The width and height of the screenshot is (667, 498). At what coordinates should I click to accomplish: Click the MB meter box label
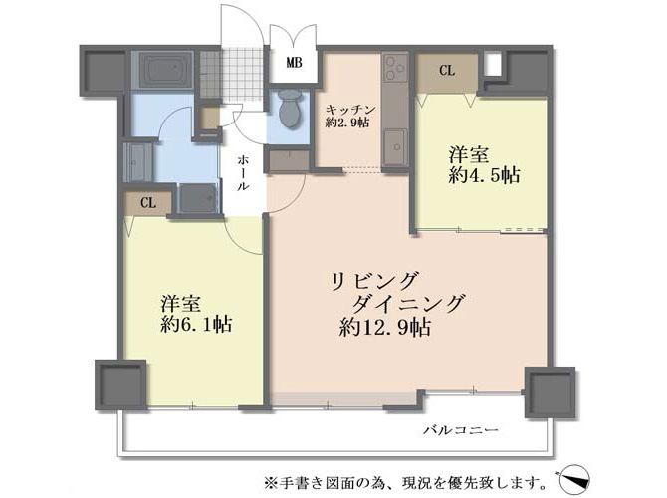[294, 63]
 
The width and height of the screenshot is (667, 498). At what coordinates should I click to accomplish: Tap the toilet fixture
[290, 109]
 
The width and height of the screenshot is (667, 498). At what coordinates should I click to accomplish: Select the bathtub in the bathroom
[164, 69]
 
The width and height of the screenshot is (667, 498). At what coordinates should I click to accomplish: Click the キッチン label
[351, 110]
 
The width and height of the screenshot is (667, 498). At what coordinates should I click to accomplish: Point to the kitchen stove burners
[394, 69]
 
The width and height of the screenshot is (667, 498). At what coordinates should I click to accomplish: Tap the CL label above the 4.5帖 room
[447, 71]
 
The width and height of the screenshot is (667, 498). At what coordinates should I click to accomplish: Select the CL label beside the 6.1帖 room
[148, 203]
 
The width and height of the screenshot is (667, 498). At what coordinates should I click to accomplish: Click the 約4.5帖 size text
[484, 175]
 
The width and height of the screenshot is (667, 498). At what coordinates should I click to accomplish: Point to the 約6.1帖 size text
[196, 325]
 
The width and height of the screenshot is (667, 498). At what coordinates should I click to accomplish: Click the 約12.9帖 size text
[385, 327]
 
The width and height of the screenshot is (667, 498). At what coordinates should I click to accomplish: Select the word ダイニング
[408, 304]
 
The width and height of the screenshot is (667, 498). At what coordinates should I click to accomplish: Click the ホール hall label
[243, 173]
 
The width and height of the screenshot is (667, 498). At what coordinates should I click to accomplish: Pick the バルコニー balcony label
[461, 430]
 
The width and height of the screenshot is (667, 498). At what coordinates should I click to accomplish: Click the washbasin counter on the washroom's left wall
[137, 162]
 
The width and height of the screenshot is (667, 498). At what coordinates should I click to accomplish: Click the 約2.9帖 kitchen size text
[347, 123]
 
